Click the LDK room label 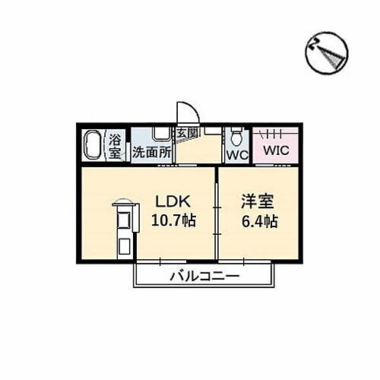pyautogui.click(x=173, y=202)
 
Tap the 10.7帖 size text pyautogui.click(x=173, y=220)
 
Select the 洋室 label pyautogui.click(x=258, y=201)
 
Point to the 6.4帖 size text pyautogui.click(x=260, y=221)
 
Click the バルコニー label pyautogui.click(x=204, y=276)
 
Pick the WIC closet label pyautogui.click(x=276, y=150)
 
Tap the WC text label pyautogui.click(x=237, y=155)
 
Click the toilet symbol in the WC pyautogui.click(x=237, y=137)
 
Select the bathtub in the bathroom pyautogui.click(x=92, y=145)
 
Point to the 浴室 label pyautogui.click(x=115, y=147)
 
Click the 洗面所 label pyautogui.click(x=151, y=152)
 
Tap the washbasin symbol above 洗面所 pyautogui.click(x=162, y=134)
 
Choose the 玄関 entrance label pyautogui.click(x=187, y=133)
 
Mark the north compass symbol pyautogui.click(x=327, y=52)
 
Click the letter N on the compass pyautogui.click(x=313, y=45)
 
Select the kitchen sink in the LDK pyautogui.click(x=125, y=219)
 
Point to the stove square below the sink pyautogui.click(x=124, y=245)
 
